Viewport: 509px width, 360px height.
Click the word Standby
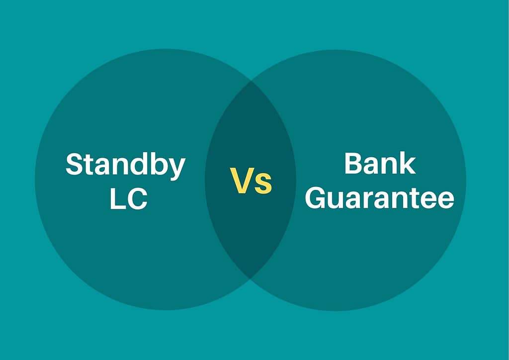(125, 166)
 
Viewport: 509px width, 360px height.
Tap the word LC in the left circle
(129, 199)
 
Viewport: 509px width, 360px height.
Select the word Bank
(380, 163)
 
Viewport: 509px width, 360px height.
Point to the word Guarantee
(379, 198)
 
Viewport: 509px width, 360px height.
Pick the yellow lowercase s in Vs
(263, 184)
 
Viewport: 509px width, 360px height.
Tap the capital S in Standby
(75, 164)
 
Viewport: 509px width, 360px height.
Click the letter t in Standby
(90, 166)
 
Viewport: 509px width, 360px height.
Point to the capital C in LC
(137, 199)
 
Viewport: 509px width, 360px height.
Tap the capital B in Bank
(354, 163)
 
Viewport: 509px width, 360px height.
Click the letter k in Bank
(408, 163)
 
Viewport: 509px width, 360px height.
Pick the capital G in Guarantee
(316, 198)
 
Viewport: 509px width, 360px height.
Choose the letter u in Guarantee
(337, 201)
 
